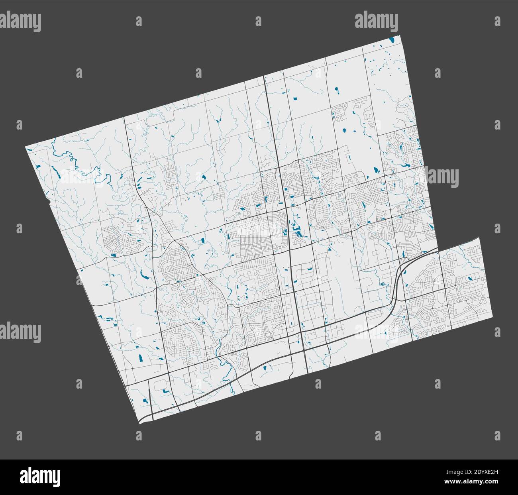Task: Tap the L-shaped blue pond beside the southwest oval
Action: pyautogui.click(x=164, y=391)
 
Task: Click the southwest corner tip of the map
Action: pyautogui.click(x=139, y=423)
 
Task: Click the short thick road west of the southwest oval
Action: pyautogui.click(x=148, y=393)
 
